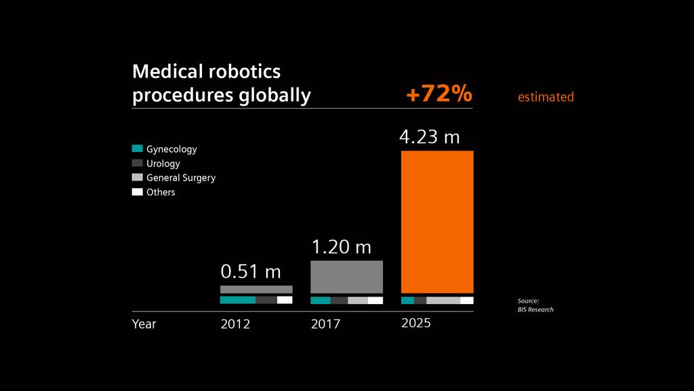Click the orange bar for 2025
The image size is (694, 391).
pyautogui.click(x=437, y=221)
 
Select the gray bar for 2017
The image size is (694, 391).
pyautogui.click(x=346, y=277)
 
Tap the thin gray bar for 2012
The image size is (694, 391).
pyautogui.click(x=256, y=289)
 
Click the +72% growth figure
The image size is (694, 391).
pyautogui.click(x=438, y=95)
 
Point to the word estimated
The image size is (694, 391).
pyautogui.click(x=546, y=97)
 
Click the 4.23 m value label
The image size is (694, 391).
pyautogui.click(x=429, y=137)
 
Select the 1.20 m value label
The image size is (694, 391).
pyautogui.click(x=341, y=247)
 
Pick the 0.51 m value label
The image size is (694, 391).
pyautogui.click(x=251, y=272)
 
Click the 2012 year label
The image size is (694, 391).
pyautogui.click(x=235, y=324)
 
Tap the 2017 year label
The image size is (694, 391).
pyautogui.click(x=325, y=324)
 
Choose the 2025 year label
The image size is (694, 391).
pyautogui.click(x=416, y=323)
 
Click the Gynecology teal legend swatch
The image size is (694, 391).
pyautogui.click(x=137, y=149)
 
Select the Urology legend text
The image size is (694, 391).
pyautogui.click(x=163, y=164)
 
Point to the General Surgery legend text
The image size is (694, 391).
pyautogui.click(x=181, y=178)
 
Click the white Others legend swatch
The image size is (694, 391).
pyautogui.click(x=137, y=192)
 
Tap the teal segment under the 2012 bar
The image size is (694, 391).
pyautogui.click(x=237, y=300)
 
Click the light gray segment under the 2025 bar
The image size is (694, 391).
pyautogui.click(x=443, y=300)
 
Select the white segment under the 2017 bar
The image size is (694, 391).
pyautogui.click(x=375, y=300)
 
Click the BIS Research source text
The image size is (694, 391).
pyautogui.click(x=535, y=310)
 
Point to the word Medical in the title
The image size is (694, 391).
pyautogui.click(x=165, y=71)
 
